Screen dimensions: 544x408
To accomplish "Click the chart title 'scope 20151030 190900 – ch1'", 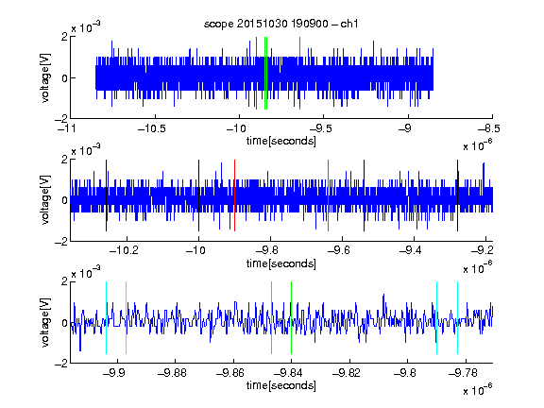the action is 281,24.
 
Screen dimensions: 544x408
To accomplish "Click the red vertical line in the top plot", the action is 256,74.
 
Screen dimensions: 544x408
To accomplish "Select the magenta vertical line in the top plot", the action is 299,74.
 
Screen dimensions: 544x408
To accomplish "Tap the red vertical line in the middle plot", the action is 234,195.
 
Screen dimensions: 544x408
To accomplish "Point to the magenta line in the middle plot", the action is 329,195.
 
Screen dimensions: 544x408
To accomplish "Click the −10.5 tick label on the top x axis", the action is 151,129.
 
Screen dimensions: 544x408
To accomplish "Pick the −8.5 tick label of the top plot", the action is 488,129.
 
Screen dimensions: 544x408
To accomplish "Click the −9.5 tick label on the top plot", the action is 320,129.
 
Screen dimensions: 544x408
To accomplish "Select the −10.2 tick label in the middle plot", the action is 124,250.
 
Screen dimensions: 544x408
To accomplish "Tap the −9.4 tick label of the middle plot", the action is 411,250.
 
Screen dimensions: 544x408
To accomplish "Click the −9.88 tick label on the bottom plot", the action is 172,373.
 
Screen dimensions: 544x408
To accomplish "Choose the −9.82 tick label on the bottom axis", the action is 347,373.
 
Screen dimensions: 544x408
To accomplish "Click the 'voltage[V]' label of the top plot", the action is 45,77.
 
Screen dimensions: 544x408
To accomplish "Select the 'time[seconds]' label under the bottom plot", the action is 281,385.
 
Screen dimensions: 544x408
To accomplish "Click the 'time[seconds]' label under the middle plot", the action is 281,263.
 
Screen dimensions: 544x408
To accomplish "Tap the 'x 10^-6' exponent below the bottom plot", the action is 478,390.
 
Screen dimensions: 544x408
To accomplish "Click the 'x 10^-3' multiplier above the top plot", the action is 86,27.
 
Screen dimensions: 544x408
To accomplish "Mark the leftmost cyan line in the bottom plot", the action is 106,317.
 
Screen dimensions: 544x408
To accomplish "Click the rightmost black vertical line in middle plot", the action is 458,195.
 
